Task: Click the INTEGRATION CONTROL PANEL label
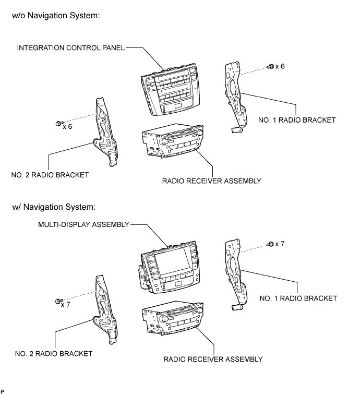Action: (x=71, y=48)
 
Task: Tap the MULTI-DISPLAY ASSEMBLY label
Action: (x=83, y=224)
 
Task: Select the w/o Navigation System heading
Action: (x=56, y=16)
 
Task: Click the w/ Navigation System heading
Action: (x=54, y=207)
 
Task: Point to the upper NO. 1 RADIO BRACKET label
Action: (x=297, y=120)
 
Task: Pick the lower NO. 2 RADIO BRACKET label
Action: (x=54, y=354)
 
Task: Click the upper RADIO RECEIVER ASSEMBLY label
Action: (x=212, y=181)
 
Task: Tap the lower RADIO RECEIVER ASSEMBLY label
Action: (x=213, y=359)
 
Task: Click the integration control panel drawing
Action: (x=170, y=89)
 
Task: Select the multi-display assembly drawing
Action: (x=169, y=267)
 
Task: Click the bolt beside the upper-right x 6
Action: (x=270, y=67)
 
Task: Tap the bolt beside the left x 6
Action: (x=59, y=124)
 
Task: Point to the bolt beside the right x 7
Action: (x=270, y=244)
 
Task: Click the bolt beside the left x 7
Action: (x=59, y=301)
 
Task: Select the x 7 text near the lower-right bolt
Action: (x=280, y=244)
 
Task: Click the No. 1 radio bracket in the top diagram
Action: (x=235, y=97)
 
